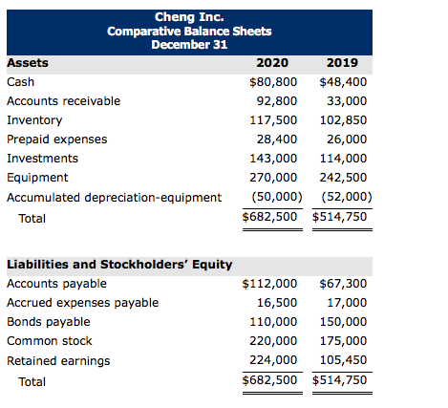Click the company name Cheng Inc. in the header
[x=189, y=17]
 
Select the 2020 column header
[x=273, y=64]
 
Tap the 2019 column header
[x=342, y=64]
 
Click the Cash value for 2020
[x=273, y=82]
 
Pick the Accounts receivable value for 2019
[x=347, y=101]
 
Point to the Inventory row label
[x=34, y=120]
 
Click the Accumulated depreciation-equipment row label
[x=114, y=198]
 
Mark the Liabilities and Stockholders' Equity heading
[x=119, y=264]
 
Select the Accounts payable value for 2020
[x=273, y=284]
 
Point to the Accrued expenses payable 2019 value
[x=347, y=303]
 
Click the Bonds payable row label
[x=49, y=322]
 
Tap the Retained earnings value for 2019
[x=343, y=361]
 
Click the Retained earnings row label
[x=58, y=361]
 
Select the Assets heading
[x=28, y=64]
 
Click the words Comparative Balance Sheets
[x=189, y=32]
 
